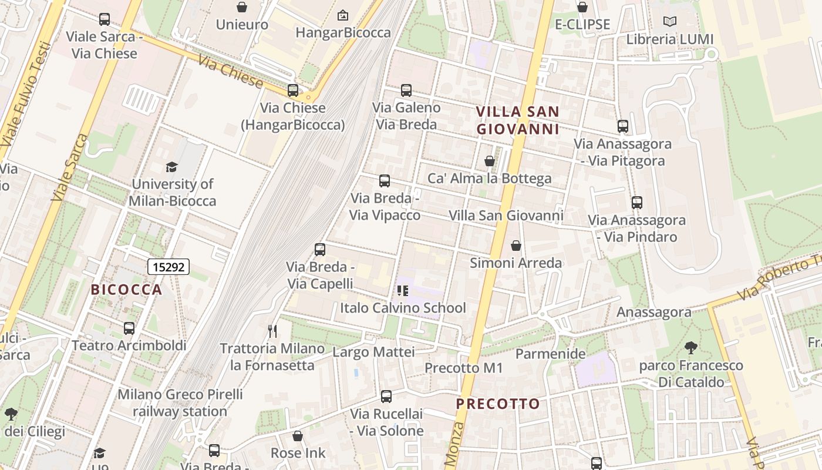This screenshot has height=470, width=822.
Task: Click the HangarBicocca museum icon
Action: pos(343,15)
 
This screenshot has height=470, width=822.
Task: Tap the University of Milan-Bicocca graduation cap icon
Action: pos(171,167)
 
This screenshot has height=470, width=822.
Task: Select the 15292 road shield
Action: pos(168,267)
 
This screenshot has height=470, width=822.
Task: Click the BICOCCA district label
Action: pos(126,290)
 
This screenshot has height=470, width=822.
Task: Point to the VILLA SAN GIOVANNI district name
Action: pos(517,120)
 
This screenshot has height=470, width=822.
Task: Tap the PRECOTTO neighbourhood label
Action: pos(498,404)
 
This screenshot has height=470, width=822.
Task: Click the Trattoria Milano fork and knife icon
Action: pos(272,331)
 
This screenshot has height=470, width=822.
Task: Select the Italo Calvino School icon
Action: pos(402,290)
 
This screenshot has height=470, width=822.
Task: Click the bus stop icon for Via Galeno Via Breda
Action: pos(406,90)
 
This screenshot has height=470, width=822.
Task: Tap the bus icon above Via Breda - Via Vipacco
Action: pos(385,181)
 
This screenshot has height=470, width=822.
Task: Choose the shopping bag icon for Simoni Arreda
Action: pos(516,246)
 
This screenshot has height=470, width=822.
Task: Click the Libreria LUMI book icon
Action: pos(669,22)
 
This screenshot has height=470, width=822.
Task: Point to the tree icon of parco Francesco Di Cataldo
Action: pos(691,348)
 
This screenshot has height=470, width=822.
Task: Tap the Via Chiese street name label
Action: pos(230,71)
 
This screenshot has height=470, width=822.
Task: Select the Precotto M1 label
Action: pos(464,368)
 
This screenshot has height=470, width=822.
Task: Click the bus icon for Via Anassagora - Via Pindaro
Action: pos(637,203)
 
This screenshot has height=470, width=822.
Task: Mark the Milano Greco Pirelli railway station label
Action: pos(180,402)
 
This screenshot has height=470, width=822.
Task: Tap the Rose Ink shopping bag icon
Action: pos(298,436)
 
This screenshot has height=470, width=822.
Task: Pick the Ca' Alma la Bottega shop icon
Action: pos(489,161)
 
